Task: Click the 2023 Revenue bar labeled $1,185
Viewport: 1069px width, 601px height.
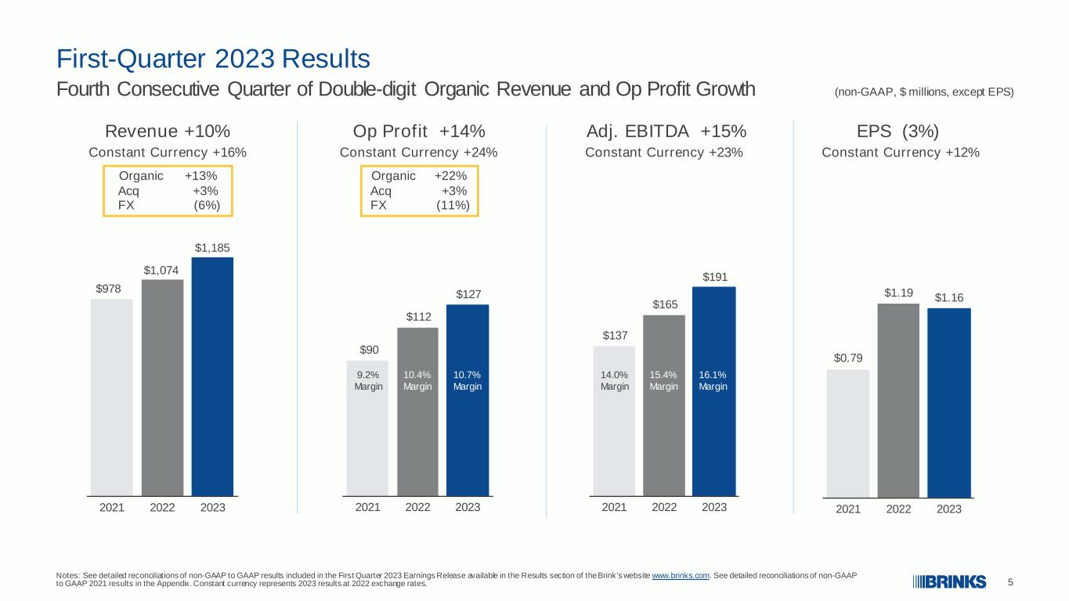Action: click(212, 377)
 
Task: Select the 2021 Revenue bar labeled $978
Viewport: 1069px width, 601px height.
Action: click(112, 398)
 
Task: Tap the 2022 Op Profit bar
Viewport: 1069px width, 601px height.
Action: click(417, 412)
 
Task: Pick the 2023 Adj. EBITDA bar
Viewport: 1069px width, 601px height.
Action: click(714, 391)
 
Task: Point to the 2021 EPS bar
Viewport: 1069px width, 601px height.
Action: click(848, 434)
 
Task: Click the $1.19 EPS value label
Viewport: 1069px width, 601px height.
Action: click(898, 293)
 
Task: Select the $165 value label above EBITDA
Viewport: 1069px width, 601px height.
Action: click(665, 304)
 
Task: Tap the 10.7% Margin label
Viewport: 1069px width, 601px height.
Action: click(468, 380)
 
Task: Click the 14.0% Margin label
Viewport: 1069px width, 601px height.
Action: click(615, 380)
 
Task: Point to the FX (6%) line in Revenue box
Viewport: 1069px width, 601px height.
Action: click(169, 206)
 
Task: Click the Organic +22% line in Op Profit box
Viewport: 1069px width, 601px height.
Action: click(419, 176)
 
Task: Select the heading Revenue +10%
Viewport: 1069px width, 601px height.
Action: click(168, 131)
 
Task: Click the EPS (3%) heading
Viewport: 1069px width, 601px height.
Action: click(897, 131)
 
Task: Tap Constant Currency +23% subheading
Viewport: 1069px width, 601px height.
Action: click(664, 153)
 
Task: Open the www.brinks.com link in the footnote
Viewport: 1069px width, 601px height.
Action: click(681, 575)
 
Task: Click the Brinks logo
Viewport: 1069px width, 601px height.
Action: click(949, 581)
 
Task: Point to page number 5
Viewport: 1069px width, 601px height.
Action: click(1010, 582)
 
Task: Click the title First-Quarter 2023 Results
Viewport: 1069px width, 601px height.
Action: click(213, 59)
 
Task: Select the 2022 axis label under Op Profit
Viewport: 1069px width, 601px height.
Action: click(417, 507)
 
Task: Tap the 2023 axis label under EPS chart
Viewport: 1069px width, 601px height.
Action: click(948, 509)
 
